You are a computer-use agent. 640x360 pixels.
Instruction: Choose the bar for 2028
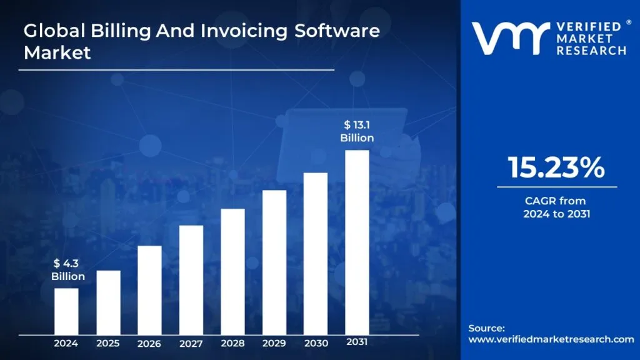click(x=232, y=271)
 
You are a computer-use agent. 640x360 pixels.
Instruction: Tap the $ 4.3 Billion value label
click(x=68, y=270)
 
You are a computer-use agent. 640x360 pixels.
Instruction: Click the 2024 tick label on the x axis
click(x=66, y=343)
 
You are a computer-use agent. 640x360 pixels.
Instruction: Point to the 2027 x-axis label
click(x=191, y=343)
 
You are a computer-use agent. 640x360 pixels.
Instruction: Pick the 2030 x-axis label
click(x=316, y=343)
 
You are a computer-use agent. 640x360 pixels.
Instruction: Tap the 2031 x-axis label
click(x=357, y=342)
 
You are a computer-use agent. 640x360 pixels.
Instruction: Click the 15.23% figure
click(x=556, y=168)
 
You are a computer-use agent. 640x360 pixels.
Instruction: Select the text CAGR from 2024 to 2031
click(x=556, y=207)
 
